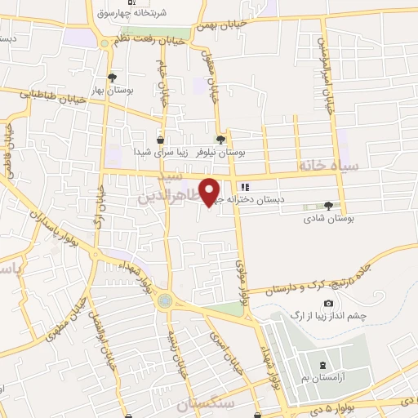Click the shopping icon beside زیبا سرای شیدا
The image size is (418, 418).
click(160, 140)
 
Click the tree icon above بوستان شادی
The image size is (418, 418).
click(328, 206)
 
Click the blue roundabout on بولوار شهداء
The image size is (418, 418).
click(166, 301)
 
